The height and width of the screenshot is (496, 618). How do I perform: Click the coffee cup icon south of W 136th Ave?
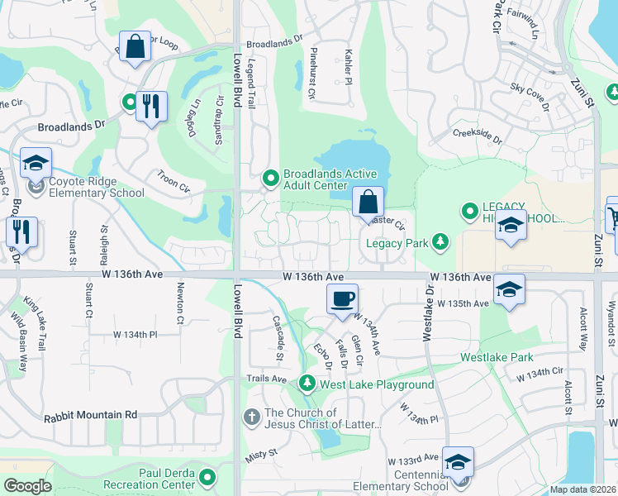click(341, 299)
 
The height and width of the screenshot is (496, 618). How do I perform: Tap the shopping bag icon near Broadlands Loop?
click(135, 45)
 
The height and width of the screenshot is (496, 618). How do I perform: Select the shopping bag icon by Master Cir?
click(368, 202)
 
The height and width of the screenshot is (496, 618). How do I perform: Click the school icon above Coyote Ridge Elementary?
click(36, 163)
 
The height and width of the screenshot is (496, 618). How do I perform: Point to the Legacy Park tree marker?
click(441, 241)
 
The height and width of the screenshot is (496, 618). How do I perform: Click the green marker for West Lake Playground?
click(307, 384)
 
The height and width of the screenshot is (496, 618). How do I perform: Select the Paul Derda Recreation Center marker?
click(207, 477)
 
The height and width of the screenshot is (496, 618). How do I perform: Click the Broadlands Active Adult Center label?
click(330, 179)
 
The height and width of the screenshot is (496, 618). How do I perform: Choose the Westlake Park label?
click(497, 357)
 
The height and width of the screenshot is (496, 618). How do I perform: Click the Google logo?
click(27, 486)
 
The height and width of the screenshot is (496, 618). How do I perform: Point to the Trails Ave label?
click(265, 379)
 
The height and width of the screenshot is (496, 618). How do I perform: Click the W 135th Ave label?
click(464, 303)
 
